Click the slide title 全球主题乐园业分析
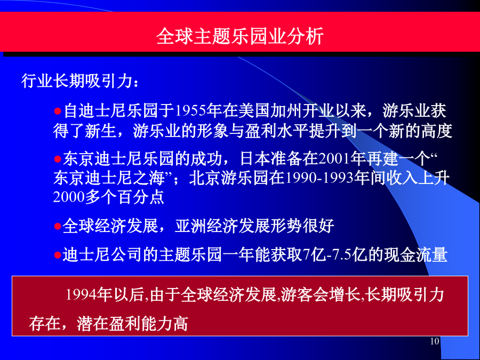point(239,36)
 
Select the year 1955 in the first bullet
point(190,111)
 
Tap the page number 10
point(434,341)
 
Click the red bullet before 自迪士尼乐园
point(58,111)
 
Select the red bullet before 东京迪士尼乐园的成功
point(58,159)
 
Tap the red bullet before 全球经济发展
point(58,226)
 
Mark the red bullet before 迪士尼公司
point(58,255)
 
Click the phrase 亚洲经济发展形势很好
point(254,226)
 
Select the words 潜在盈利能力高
point(132,324)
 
